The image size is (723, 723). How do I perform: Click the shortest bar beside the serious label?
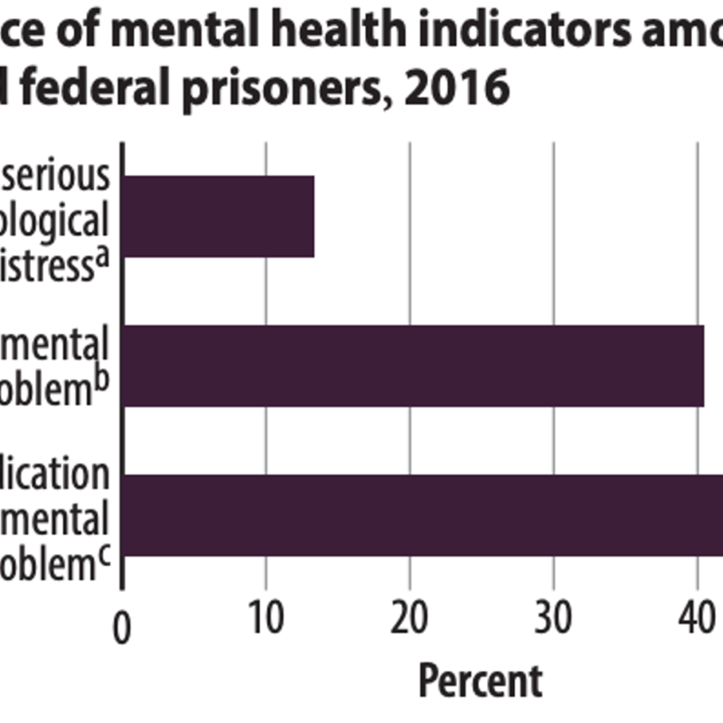pyautogui.click(x=218, y=217)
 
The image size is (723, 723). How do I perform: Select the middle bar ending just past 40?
pyautogui.click(x=412, y=365)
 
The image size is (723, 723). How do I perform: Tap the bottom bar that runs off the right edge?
pyautogui.click(x=423, y=514)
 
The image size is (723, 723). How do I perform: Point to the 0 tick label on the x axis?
pyautogui.click(x=124, y=627)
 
